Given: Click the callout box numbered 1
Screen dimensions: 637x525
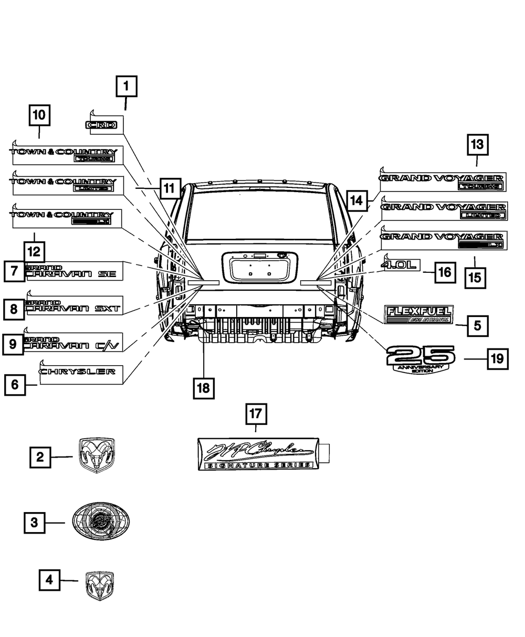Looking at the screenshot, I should click(x=126, y=87).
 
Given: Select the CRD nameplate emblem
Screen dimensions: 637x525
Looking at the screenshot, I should click(x=103, y=125).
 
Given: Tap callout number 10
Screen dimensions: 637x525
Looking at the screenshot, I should click(x=39, y=115).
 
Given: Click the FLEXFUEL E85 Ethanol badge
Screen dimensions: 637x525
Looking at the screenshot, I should click(x=418, y=314).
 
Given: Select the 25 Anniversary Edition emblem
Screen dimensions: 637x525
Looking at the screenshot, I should click(x=421, y=359).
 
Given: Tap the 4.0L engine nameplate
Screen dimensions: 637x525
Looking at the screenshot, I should click(x=402, y=266).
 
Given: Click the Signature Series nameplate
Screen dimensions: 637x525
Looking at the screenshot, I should click(x=257, y=453).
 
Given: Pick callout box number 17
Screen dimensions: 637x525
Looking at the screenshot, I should click(x=256, y=414).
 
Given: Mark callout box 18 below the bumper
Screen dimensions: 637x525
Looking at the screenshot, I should click(x=203, y=388).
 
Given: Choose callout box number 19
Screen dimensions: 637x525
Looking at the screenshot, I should click(x=496, y=359).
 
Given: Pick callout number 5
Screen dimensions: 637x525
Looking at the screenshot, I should click(x=477, y=325).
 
